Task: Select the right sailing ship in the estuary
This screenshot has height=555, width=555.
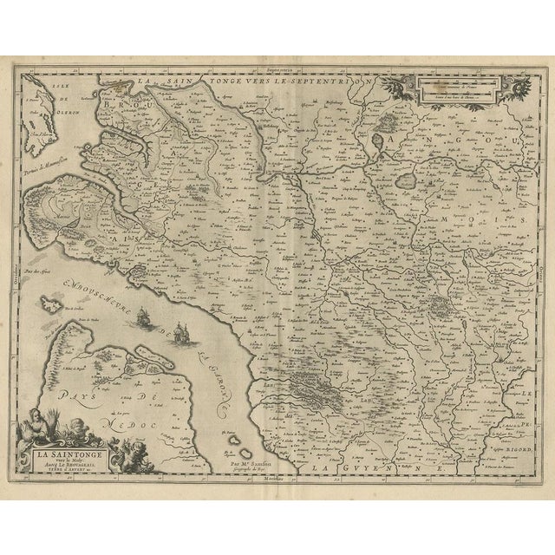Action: pos(182,331)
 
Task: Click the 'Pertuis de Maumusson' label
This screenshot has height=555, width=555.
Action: pos(52,154)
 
